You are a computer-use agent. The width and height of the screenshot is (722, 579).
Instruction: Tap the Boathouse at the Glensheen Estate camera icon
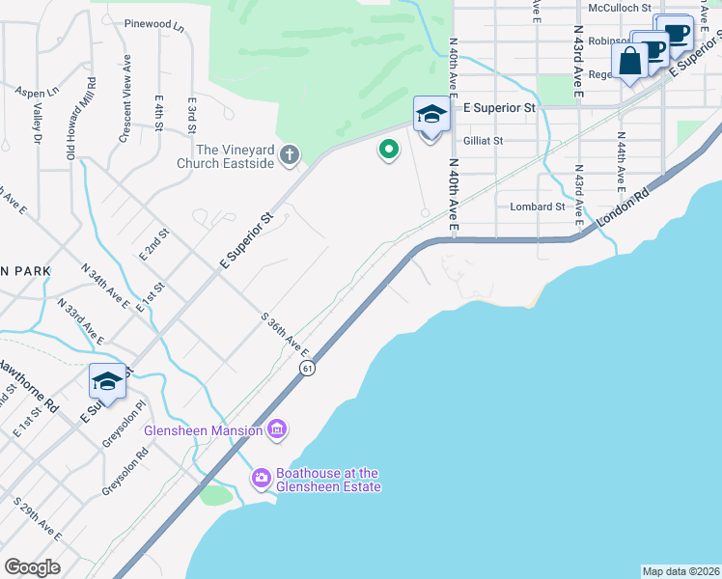pos(262,478)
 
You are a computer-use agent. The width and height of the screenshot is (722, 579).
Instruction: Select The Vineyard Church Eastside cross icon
pos(288,155)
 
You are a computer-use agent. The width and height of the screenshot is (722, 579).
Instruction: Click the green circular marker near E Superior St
pos(388,150)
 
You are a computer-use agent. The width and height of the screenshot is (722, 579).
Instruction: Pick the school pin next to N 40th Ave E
pos(431,116)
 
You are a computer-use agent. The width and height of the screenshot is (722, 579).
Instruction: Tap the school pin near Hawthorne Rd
pos(108,381)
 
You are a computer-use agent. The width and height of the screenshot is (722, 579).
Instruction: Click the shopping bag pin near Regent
pos(629,62)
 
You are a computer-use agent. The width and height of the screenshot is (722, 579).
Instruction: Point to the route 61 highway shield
pos(306,368)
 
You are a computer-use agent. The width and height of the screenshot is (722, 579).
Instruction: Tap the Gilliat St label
pos(483,140)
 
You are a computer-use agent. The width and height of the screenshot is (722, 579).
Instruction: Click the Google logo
pos(32,567)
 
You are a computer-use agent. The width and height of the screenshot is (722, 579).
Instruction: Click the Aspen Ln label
pos(37,91)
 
